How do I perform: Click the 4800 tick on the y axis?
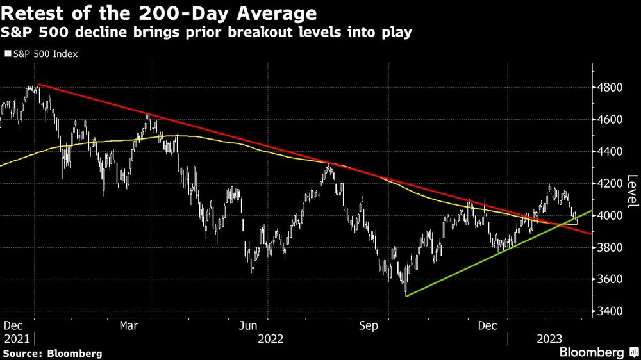(610, 87)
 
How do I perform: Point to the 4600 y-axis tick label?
(610, 119)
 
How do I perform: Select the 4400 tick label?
(610, 151)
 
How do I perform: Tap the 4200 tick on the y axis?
(610, 183)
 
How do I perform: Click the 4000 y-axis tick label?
(610, 215)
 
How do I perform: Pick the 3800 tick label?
(610, 247)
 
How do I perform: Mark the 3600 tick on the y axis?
(610, 279)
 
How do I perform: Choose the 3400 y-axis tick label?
(610, 311)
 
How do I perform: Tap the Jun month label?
(248, 325)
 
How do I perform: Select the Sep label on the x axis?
(369, 325)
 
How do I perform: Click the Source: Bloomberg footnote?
(52, 353)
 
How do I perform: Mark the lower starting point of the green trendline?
(406, 295)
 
